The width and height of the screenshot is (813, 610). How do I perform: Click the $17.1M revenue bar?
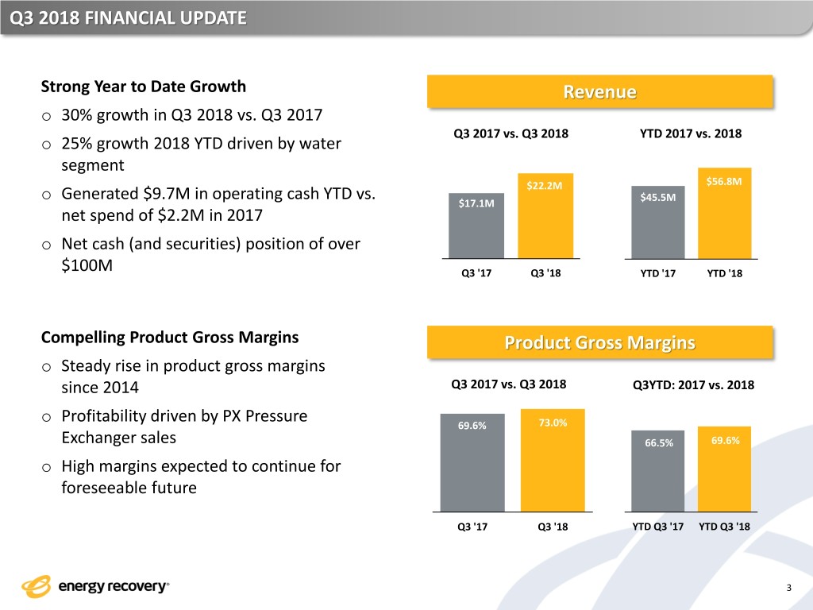tap(476, 226)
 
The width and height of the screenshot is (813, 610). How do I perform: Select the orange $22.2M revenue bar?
tap(545, 216)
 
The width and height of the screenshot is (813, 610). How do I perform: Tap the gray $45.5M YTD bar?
tap(658, 222)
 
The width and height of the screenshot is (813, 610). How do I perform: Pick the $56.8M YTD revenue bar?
tap(724, 213)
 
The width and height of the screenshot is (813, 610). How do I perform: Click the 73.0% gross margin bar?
tap(553, 460)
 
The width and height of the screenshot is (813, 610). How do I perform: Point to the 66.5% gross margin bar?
tap(658, 471)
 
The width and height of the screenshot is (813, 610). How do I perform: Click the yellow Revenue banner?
tap(600, 92)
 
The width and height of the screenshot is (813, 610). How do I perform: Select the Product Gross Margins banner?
tap(600, 342)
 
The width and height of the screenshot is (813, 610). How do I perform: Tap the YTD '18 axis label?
tap(724, 273)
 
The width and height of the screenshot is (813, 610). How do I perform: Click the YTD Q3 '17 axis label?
tap(657, 527)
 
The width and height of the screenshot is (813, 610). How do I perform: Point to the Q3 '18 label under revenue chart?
tap(545, 273)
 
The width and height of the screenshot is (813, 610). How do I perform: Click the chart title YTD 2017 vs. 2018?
tap(691, 133)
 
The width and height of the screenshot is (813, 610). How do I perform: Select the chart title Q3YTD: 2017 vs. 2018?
tap(693, 385)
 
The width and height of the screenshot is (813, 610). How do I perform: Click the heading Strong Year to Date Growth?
tap(144, 87)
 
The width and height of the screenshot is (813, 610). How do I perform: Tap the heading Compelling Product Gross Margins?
tap(170, 338)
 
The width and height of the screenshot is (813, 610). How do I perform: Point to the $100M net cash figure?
tap(87, 265)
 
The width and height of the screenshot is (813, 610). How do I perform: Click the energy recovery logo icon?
tap(37, 587)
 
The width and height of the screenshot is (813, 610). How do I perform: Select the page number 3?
tap(789, 588)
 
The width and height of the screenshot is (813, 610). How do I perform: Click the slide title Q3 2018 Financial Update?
tap(128, 18)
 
